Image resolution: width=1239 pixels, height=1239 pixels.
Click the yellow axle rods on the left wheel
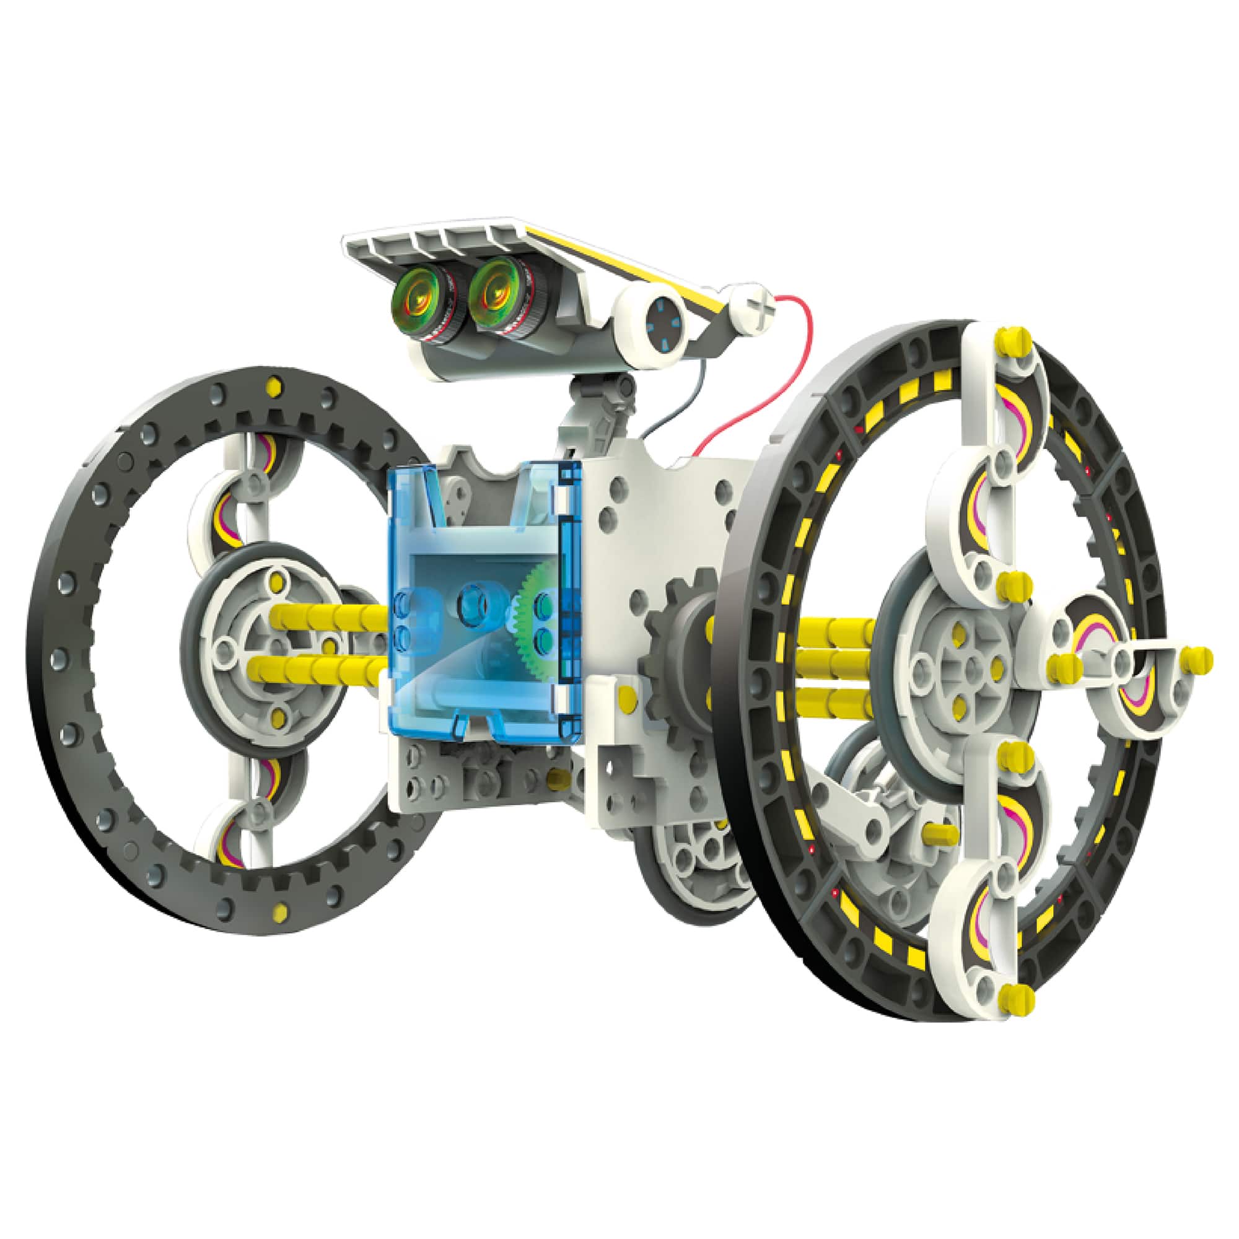[x=327, y=641]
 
